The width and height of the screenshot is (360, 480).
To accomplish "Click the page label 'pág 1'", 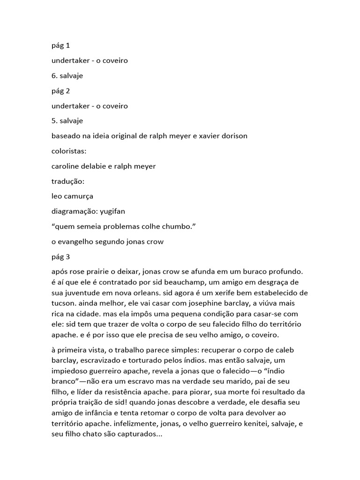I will [x=60, y=46].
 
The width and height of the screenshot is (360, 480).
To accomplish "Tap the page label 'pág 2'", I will [x=60, y=91].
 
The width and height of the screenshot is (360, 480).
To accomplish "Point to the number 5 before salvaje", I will [x=54, y=121].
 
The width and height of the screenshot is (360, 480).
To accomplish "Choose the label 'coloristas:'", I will [x=70, y=151].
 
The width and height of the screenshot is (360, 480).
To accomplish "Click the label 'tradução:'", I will [x=67, y=181].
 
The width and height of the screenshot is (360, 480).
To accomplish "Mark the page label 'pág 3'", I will [x=60, y=256].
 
